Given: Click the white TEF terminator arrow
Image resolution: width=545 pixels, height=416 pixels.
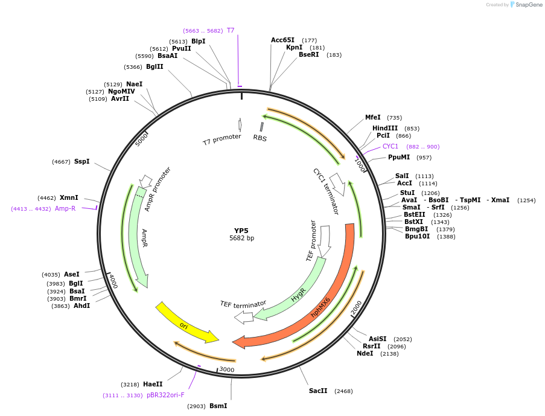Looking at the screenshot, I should (x=244, y=317).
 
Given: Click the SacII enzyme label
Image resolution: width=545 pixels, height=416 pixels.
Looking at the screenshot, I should (x=318, y=391).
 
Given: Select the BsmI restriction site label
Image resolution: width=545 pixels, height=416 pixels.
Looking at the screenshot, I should (x=218, y=406).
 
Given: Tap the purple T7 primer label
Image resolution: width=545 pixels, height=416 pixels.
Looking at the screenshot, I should (x=231, y=30).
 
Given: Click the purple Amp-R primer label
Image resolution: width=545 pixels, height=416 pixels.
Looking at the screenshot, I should (x=65, y=208).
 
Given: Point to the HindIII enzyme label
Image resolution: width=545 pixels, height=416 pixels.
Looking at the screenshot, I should (x=385, y=128).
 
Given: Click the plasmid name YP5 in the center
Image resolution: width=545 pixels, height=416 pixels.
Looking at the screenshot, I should (x=241, y=230).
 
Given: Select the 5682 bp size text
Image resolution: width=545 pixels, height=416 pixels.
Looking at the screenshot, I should (x=241, y=238).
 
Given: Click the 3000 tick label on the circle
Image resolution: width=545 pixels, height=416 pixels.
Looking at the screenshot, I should (x=226, y=370).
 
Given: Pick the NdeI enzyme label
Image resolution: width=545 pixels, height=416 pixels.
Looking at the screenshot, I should (x=365, y=353).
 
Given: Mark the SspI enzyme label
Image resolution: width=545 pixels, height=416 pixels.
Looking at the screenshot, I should (x=81, y=161).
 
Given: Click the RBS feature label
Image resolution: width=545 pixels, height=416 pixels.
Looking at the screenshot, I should (x=260, y=138).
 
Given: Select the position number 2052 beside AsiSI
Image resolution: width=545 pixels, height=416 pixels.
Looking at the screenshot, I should (x=403, y=339).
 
